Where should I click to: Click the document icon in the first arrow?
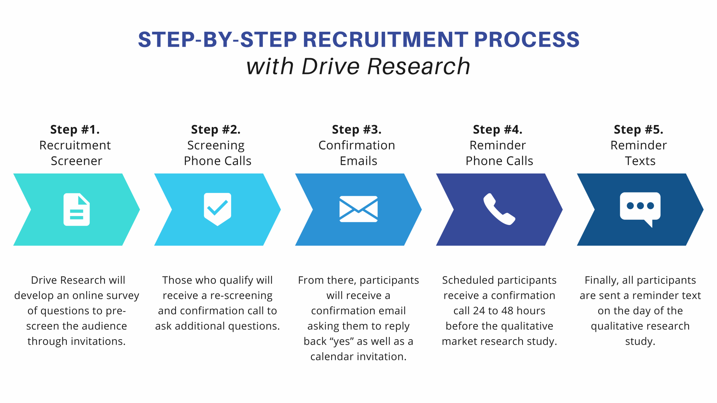(x=77, y=209)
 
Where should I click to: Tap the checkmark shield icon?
(x=217, y=209)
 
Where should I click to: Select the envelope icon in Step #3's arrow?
(x=358, y=209)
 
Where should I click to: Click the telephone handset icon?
(x=499, y=209)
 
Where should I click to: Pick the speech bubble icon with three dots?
(x=640, y=208)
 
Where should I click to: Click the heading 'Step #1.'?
(x=75, y=129)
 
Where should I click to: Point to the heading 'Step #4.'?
(x=497, y=129)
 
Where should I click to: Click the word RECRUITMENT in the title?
(x=385, y=40)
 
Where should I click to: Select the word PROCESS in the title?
(x=527, y=40)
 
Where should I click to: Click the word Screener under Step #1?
(x=76, y=161)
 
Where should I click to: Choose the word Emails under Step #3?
(x=358, y=161)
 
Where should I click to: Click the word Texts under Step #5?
(x=640, y=161)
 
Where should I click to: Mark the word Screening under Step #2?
(x=216, y=146)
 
